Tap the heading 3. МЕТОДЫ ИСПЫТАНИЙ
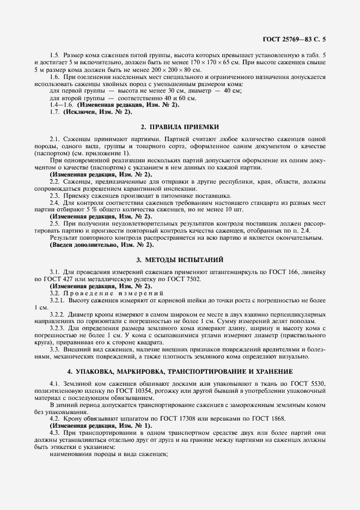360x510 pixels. click(180, 259)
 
